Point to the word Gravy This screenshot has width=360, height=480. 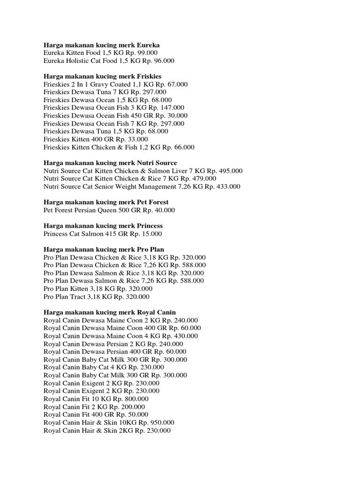tap(98, 84)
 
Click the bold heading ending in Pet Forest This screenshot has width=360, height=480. tap(106, 202)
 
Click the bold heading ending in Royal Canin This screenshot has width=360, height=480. tap(110, 312)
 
